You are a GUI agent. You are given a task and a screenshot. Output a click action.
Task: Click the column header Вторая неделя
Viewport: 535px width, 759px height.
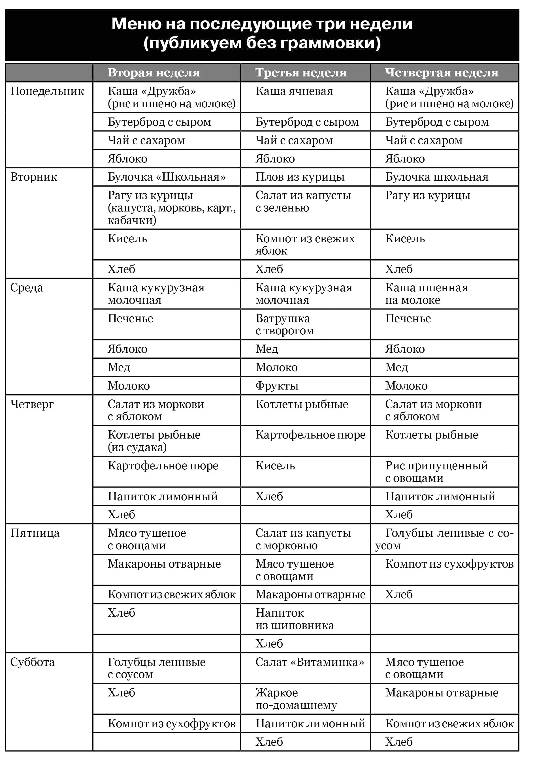coord(154,72)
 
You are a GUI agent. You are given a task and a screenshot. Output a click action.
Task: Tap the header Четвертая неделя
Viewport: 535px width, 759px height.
coord(442,72)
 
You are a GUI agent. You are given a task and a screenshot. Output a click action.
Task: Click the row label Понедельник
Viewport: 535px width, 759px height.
coord(47,91)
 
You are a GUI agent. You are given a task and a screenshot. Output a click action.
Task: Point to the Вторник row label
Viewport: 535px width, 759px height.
coord(34,177)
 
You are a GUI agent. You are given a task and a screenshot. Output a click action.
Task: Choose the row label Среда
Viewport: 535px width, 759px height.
coord(26,288)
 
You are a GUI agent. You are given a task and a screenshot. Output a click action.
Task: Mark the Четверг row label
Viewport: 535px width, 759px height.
coord(32,404)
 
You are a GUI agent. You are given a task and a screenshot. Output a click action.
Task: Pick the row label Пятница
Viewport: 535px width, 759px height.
coord(35,533)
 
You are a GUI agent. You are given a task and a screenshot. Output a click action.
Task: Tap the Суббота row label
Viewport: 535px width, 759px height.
coord(32,662)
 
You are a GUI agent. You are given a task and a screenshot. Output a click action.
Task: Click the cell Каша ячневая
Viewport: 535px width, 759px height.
coord(294,91)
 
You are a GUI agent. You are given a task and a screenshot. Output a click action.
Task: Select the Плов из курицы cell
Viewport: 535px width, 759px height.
coord(300,177)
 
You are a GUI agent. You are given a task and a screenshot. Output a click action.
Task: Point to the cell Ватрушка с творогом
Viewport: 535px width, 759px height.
coord(284,324)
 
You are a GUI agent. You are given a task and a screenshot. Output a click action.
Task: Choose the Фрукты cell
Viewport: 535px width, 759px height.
coord(277,386)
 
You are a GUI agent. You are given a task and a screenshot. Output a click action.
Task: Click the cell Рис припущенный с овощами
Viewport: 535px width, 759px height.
coord(436,472)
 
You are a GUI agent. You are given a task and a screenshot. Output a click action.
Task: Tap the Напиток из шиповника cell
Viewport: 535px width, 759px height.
coord(294,619)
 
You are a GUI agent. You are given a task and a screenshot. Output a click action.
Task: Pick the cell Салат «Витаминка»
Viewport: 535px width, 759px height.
coord(310,662)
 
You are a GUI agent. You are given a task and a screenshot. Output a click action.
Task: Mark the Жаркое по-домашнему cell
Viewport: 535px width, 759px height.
coord(296,698)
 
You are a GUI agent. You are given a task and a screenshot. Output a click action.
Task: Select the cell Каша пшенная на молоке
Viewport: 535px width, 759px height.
coord(427,294)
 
